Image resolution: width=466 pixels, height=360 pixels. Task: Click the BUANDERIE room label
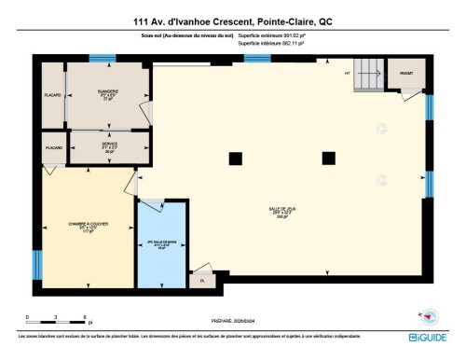[107, 93]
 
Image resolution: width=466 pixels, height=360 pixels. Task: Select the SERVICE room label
[110, 146]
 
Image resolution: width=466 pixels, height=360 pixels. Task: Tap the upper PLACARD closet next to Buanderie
[52, 95]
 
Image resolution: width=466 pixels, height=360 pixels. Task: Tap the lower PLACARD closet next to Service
[53, 147]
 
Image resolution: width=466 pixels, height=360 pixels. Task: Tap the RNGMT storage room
[406, 74]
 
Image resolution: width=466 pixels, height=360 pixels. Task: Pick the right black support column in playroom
[327, 156]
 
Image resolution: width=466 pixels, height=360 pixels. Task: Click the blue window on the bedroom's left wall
[36, 264]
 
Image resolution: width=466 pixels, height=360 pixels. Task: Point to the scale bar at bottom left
[56, 316]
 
